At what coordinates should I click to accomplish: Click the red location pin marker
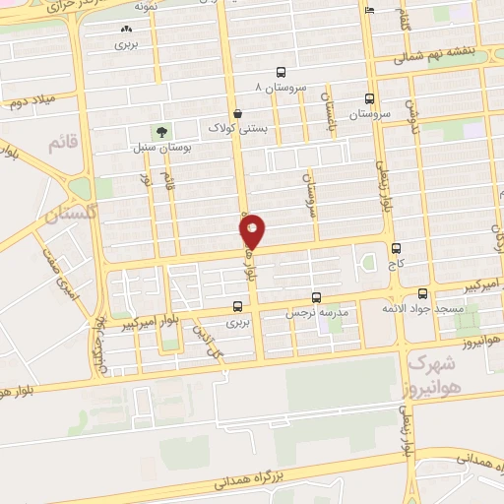(252, 232)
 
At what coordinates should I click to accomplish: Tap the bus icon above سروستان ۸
(282, 72)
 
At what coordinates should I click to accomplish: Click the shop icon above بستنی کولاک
(239, 113)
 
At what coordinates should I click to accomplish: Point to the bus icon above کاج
(397, 249)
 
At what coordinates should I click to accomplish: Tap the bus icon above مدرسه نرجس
(316, 296)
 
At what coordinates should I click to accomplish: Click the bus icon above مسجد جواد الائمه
(423, 293)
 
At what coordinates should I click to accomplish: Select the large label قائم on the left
(61, 145)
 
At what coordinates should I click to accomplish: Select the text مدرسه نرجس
(317, 312)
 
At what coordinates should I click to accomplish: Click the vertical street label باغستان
(331, 111)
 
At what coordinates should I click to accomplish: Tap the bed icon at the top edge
(369, 9)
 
